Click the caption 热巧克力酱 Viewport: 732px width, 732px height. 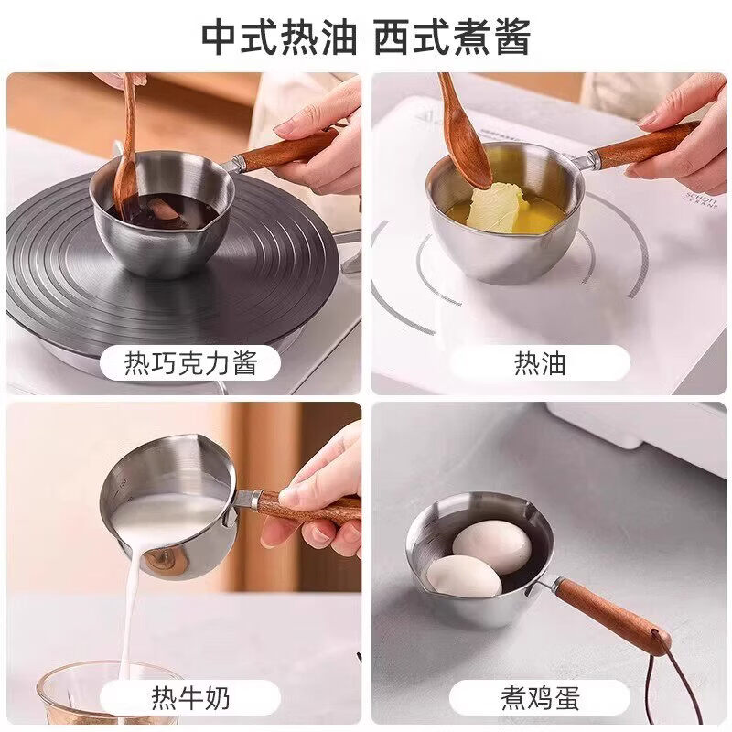[190, 363]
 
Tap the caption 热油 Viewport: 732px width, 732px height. [540, 363]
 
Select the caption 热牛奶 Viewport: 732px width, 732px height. [190, 698]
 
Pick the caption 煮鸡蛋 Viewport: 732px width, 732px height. [540, 698]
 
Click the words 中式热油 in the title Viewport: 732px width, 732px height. [279, 38]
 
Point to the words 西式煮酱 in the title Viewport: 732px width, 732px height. [452, 38]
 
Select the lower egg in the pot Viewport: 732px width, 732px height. [464, 576]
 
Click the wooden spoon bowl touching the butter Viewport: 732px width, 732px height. [470, 162]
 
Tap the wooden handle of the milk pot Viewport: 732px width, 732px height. [308, 509]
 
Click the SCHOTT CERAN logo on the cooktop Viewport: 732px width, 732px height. [701, 199]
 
